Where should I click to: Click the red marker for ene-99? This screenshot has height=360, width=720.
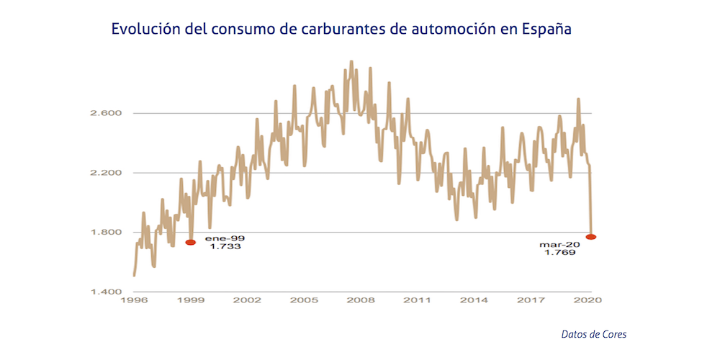pyautogui.click(x=190, y=243)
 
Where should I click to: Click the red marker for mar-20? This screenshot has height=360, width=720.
pyautogui.click(x=591, y=237)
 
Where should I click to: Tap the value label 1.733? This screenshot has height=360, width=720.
pyautogui.click(x=225, y=246)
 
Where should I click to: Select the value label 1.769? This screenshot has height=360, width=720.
pyautogui.click(x=559, y=253)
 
